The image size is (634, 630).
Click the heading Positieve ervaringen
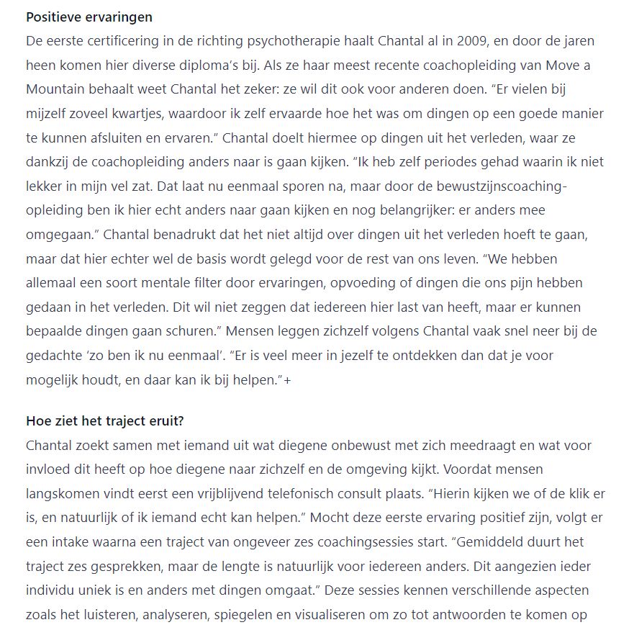pyautogui.click(x=89, y=17)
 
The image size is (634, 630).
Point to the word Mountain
pyautogui.click(x=55, y=89)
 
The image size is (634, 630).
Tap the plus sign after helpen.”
pyautogui.click(x=288, y=380)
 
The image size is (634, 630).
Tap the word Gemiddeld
pyautogui.click(x=468, y=542)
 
